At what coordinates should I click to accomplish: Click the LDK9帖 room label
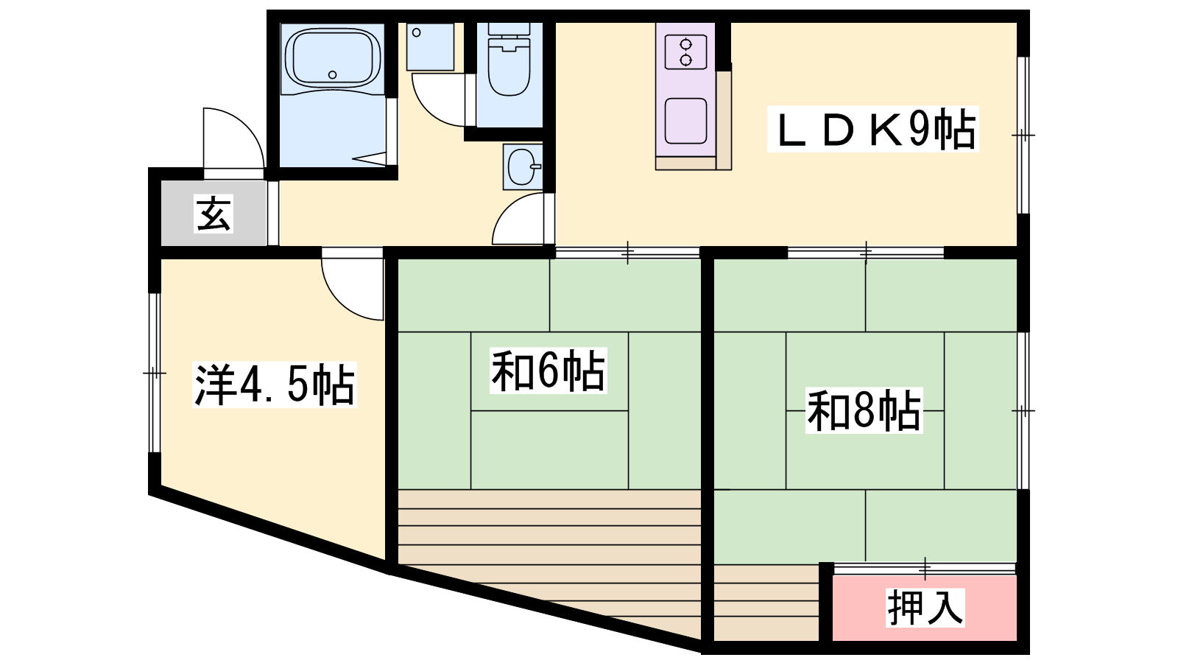[873, 130]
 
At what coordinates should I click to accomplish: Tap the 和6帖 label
[548, 371]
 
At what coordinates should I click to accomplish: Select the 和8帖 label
[864, 410]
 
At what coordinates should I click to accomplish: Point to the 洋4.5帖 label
[275, 385]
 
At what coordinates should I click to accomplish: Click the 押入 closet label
[925, 607]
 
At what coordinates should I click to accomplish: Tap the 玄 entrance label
[214, 213]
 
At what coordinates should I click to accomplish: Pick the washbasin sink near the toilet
[522, 166]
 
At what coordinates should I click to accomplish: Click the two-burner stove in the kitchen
[685, 52]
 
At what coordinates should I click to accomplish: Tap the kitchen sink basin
[685, 121]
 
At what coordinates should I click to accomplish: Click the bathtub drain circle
[332, 74]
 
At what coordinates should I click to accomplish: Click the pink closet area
[924, 608]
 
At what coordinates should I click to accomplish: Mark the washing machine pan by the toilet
[430, 46]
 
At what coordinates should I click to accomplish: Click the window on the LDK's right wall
[1023, 136]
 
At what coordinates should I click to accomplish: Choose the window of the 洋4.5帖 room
[154, 373]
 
